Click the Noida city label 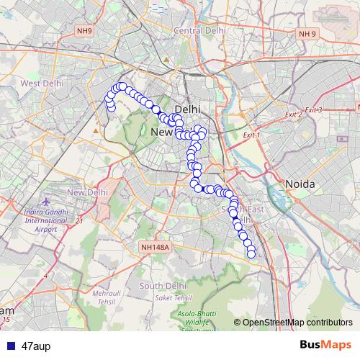pos(300,184)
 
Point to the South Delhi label pos(163,286)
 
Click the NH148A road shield pos(155,247)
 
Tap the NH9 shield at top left pos(85,31)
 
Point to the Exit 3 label pos(314,109)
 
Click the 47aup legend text pos(35,345)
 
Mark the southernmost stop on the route pos(251,253)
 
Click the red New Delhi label pos(87,192)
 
